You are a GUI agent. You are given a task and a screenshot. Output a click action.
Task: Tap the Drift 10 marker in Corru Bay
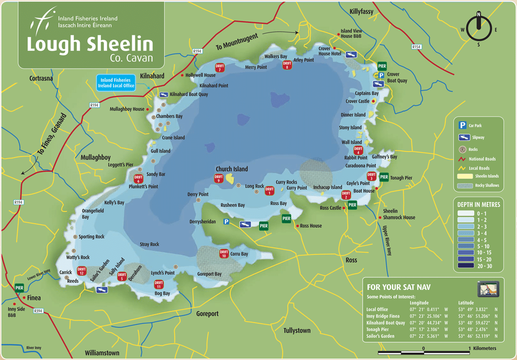[224, 254]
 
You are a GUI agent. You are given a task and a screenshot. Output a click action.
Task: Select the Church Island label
[232, 169]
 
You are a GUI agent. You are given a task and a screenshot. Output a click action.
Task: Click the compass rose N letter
[479, 15]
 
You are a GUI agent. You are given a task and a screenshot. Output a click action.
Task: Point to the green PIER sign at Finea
[20, 287]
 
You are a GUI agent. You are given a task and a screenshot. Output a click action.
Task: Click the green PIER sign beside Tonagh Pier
[384, 177]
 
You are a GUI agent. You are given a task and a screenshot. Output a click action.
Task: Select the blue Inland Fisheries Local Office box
[115, 83]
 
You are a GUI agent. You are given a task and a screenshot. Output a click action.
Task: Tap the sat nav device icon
[488, 289]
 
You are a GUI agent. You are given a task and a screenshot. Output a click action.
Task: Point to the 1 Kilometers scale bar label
[482, 348]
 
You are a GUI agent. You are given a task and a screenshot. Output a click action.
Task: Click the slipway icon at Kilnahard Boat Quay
[164, 94]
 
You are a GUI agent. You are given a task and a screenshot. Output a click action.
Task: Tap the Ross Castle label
[331, 208]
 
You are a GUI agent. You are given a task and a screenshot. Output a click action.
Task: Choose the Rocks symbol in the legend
[462, 149]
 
